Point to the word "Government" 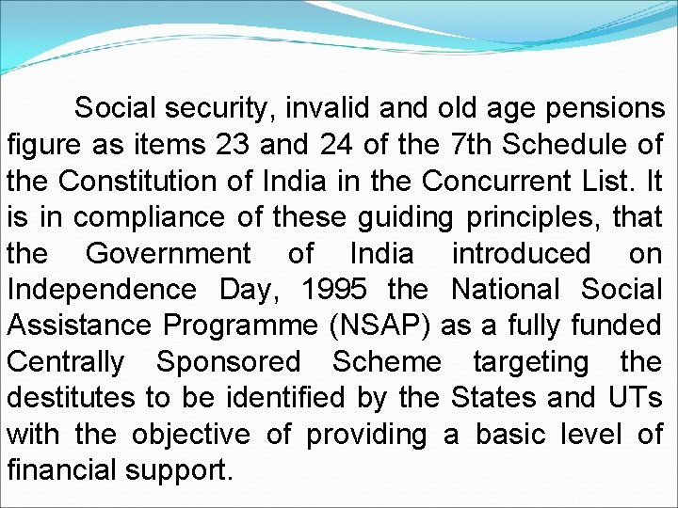click(x=169, y=254)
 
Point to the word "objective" click(x=191, y=435)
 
